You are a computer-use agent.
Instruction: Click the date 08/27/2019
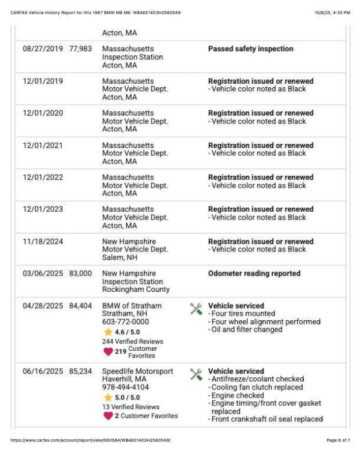tap(43, 49)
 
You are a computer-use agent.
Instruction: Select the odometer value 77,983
tap(81, 49)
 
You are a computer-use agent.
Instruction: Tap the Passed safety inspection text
tap(250, 49)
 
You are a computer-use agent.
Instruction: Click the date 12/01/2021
tap(43, 145)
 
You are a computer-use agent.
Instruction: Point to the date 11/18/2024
tap(43, 241)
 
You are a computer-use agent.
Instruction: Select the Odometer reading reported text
tap(254, 273)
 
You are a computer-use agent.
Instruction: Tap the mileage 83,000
tap(81, 273)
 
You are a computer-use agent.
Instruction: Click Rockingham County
tap(136, 289)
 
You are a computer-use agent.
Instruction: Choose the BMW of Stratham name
tap(132, 306)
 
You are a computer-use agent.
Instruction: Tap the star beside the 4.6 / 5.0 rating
tap(108, 332)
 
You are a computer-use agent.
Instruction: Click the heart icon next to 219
tap(108, 351)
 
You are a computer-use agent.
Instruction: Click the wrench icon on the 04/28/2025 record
tap(196, 309)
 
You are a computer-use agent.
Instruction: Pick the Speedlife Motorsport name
tap(137, 371)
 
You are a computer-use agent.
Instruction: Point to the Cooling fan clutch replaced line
tap(255, 388)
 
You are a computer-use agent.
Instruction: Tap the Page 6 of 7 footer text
tap(338, 441)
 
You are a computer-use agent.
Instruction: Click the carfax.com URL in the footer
tap(91, 441)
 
